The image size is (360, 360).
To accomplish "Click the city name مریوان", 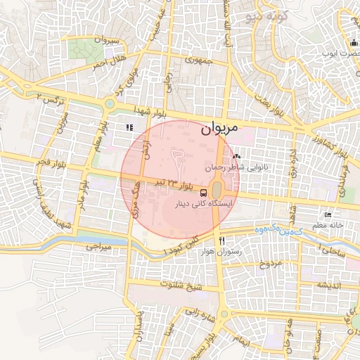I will point(220,129).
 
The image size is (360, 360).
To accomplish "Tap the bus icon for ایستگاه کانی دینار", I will point(203,193).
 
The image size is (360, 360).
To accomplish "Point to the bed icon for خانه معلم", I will point(328,214).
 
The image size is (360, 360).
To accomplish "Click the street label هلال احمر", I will point(109,60).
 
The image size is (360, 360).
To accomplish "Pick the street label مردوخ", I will point(271,264).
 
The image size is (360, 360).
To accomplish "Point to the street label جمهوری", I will point(198,61).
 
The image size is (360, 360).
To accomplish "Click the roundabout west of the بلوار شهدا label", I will point(109,105).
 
